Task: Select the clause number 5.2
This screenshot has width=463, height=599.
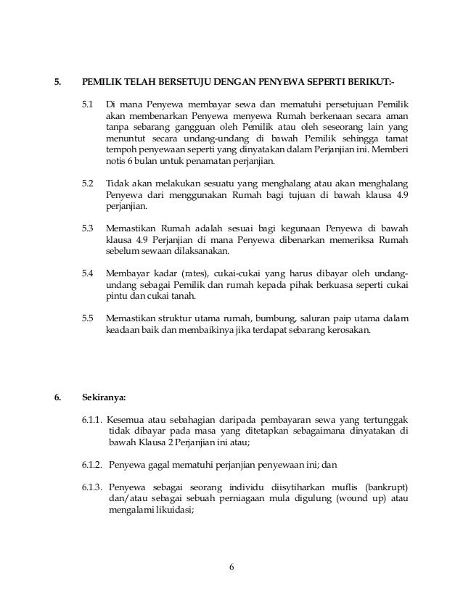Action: (x=87, y=183)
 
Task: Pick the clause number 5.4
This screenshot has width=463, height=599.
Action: (x=87, y=273)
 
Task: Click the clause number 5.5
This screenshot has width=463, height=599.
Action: (x=87, y=319)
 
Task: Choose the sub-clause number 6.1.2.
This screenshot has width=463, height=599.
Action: (x=91, y=465)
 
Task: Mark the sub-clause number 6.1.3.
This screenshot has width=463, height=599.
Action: (x=91, y=487)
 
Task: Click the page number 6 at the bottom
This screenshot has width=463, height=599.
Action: (x=231, y=567)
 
